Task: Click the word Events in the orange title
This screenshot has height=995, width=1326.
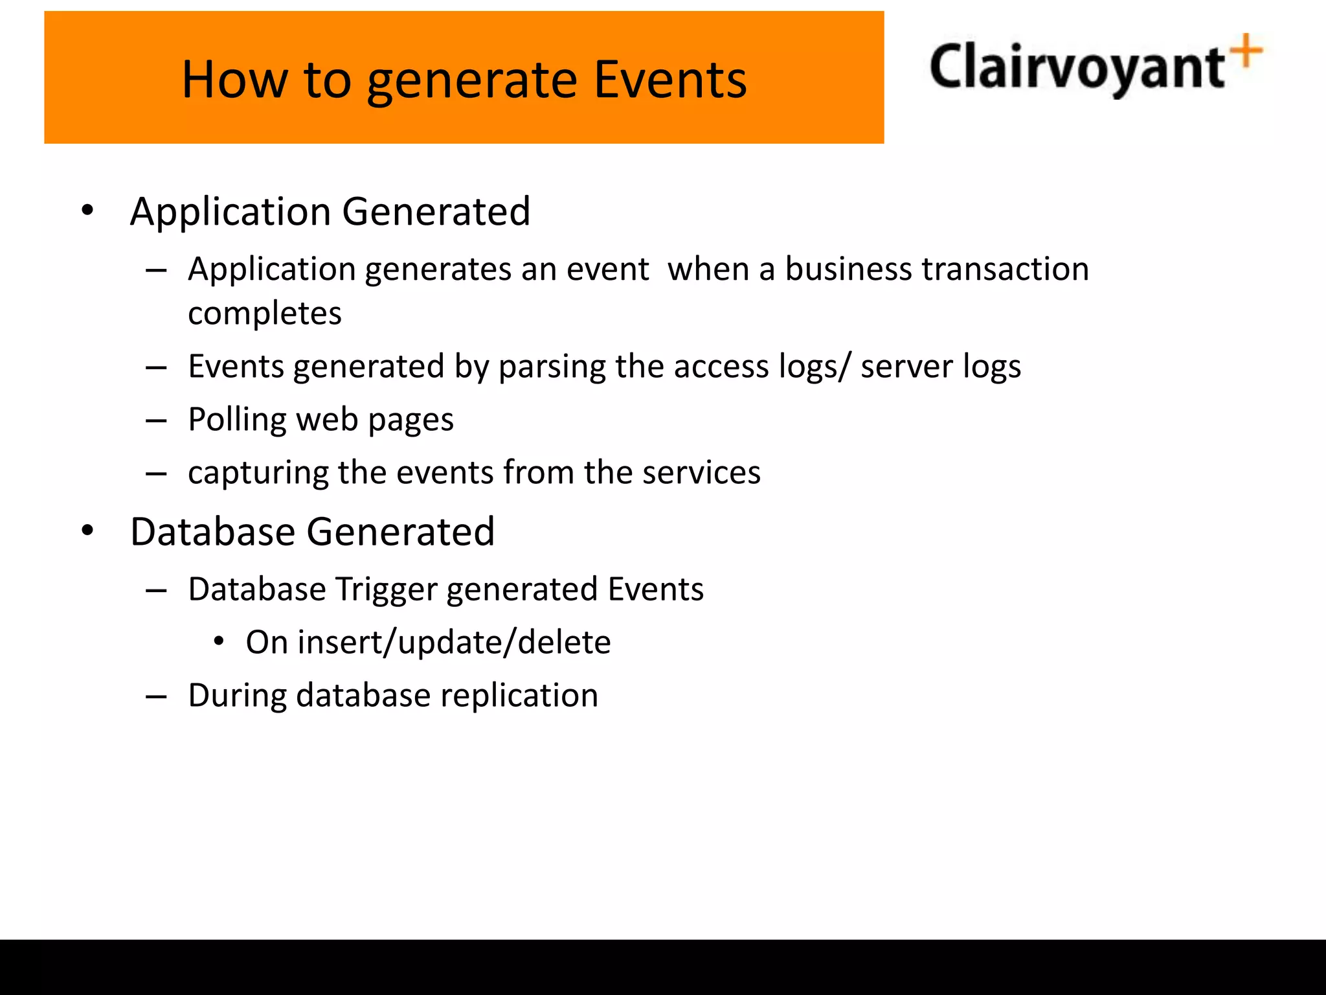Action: click(670, 80)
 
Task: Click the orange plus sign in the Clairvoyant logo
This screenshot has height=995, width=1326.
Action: click(1247, 51)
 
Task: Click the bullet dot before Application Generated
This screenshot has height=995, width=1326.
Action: click(87, 211)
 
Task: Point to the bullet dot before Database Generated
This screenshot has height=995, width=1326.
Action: click(87, 531)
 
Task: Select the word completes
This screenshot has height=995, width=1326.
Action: click(264, 314)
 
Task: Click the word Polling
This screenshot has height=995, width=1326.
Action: click(237, 420)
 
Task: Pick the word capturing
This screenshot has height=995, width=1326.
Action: click(258, 473)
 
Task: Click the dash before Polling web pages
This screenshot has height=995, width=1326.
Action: click(156, 421)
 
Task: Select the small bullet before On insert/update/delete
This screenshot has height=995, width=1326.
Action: click(219, 642)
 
